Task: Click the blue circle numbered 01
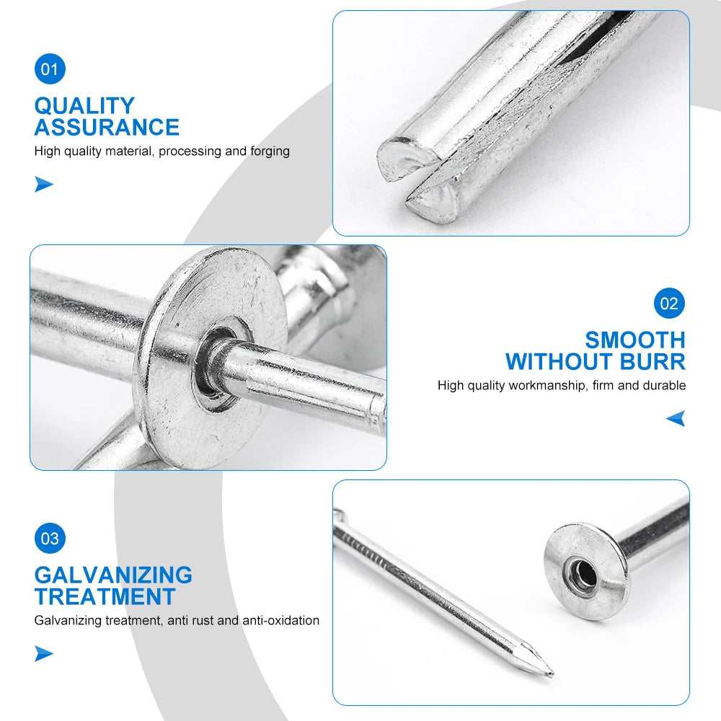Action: tap(50, 69)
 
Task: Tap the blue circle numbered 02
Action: tap(670, 303)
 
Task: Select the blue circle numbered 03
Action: tap(50, 538)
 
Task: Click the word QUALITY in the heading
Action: tap(84, 105)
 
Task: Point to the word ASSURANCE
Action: tap(107, 128)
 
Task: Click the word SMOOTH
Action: tap(635, 340)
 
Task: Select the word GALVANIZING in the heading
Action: tap(113, 575)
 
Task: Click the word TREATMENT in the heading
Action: tap(105, 597)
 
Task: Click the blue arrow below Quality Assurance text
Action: tap(44, 185)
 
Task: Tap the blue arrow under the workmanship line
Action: tap(676, 418)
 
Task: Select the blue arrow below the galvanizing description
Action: tap(44, 654)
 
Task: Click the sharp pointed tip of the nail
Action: tap(552, 675)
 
